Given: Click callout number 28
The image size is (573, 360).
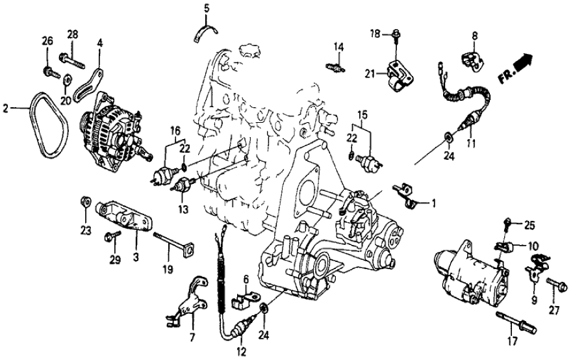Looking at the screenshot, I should [71, 34].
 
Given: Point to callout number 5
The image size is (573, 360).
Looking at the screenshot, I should [207, 8].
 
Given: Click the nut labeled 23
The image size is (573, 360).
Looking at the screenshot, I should [85, 199].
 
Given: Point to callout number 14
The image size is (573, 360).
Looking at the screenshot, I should [338, 46].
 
